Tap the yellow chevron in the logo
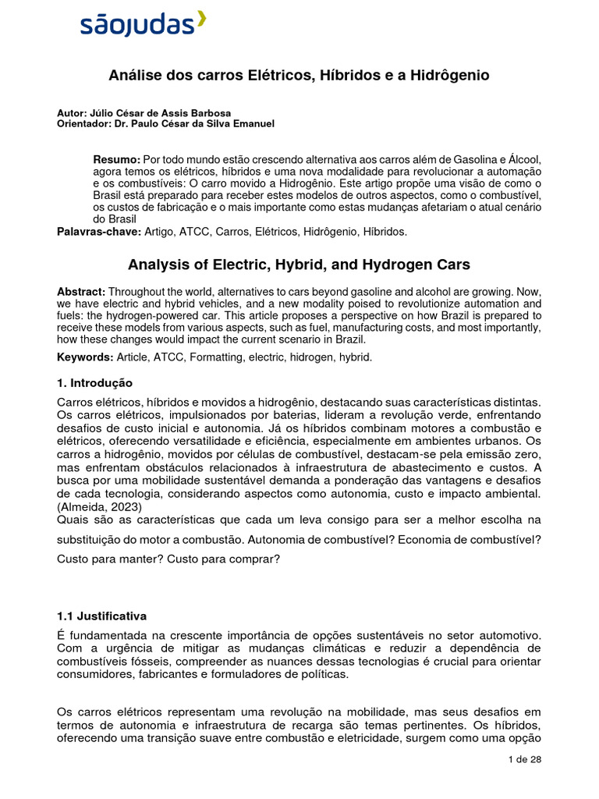pos(201,20)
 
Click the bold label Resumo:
pos(117,159)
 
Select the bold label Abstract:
pos(82,291)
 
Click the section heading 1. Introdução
pos(94,383)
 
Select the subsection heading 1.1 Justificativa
pos(101,616)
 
